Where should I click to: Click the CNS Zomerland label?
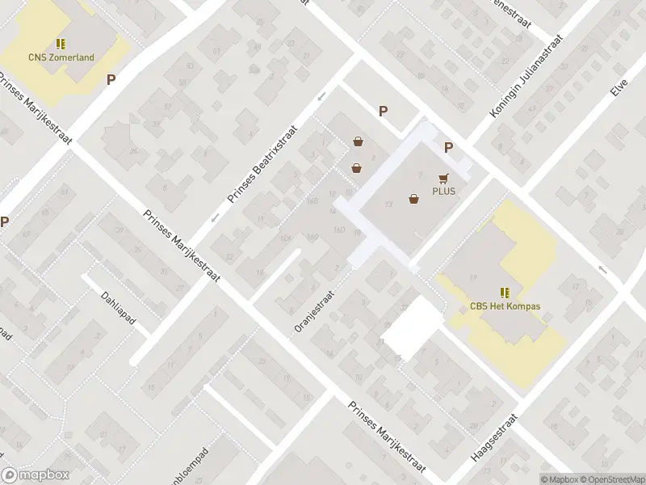(x=62, y=57)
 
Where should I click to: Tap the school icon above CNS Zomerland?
(x=61, y=44)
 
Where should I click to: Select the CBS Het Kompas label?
(x=505, y=306)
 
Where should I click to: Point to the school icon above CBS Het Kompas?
(x=505, y=293)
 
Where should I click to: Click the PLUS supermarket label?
(x=443, y=192)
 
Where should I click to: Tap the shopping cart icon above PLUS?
(x=443, y=178)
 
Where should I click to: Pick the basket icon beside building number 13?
(x=414, y=198)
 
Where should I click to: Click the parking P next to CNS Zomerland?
(x=111, y=79)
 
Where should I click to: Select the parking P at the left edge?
(x=5, y=221)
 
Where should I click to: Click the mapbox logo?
(x=35, y=475)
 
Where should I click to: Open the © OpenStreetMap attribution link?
(x=615, y=478)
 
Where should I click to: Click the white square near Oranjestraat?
(x=412, y=327)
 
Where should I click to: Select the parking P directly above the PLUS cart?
(x=448, y=147)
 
